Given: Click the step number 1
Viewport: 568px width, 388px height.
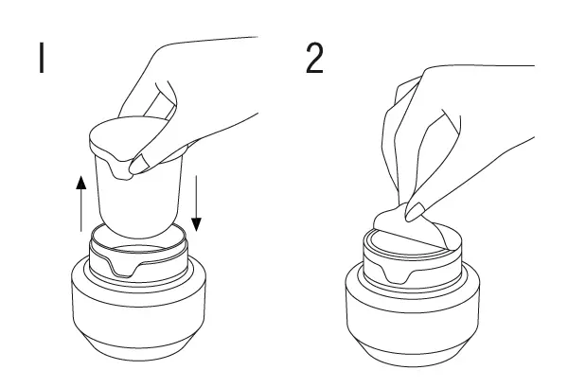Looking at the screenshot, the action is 42,58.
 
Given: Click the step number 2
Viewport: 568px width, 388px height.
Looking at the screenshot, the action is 314,59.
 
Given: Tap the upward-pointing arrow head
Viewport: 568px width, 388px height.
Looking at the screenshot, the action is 81,183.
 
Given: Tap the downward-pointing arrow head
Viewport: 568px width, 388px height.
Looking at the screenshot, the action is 196,224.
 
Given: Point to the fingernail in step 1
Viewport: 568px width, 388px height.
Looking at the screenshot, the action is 138,164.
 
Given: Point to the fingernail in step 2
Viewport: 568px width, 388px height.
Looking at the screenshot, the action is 415,212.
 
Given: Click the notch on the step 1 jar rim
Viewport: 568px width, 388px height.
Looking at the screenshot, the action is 124,268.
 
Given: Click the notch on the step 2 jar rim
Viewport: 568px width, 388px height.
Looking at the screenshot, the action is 398,273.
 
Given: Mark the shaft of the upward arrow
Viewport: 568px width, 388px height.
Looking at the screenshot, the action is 81,210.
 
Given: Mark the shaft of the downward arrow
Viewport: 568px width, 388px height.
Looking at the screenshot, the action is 196,197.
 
